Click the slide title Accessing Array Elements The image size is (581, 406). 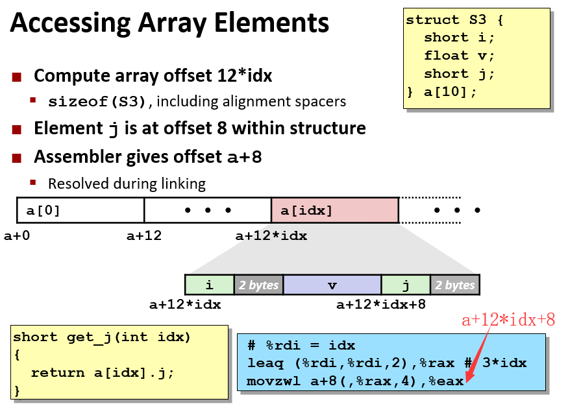tap(169, 24)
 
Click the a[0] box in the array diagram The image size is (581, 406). tap(80, 211)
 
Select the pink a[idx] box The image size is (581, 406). tap(334, 211)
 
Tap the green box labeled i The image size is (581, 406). tap(209, 285)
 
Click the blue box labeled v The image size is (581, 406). tap(332, 285)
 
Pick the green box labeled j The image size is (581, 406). tap(405, 285)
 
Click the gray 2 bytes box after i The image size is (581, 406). tap(258, 285)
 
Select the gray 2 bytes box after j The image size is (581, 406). tap(454, 285)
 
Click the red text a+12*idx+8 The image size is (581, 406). tap(508, 319)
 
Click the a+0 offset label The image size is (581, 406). tap(17, 235)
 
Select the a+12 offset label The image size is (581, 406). tap(143, 235)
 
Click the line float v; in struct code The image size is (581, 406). tap(459, 56)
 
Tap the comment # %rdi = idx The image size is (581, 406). tap(301, 345)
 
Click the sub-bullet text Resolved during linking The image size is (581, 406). tap(127, 184)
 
